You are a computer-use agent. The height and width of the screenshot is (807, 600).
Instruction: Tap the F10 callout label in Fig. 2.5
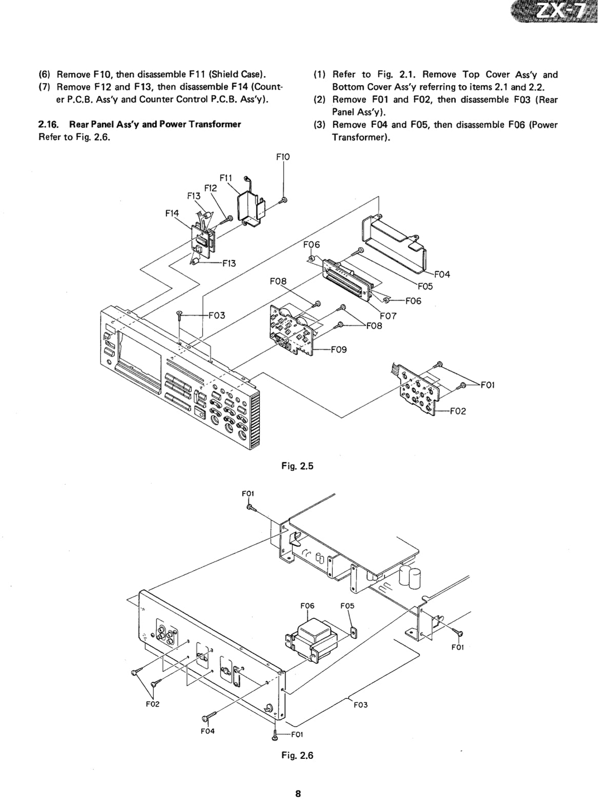(283, 157)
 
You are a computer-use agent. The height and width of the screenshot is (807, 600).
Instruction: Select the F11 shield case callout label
(226, 178)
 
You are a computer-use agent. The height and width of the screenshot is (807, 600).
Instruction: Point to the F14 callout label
(172, 214)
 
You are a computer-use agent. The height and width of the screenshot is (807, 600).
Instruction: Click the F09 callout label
(339, 349)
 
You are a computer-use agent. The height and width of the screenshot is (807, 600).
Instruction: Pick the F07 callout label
(388, 316)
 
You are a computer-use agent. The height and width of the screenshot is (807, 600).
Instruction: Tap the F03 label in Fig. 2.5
(217, 315)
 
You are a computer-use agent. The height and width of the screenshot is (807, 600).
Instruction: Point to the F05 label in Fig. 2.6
(347, 606)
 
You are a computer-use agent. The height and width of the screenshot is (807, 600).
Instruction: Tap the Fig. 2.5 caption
(297, 466)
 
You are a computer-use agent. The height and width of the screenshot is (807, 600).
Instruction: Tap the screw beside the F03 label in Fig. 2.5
(179, 314)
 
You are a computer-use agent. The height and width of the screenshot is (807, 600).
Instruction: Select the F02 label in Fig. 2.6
(153, 704)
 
